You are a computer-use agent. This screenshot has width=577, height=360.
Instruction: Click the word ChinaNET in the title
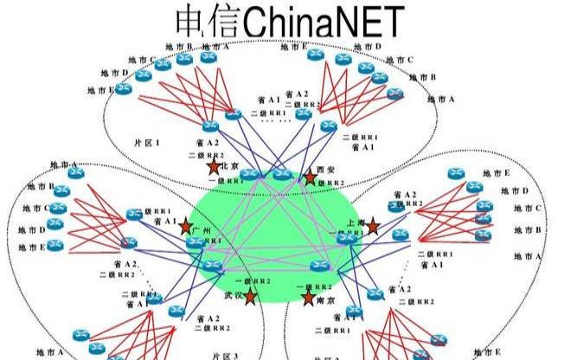pyautogui.click(x=324, y=22)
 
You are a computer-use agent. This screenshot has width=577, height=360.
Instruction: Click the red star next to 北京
pyautogui.click(x=213, y=166)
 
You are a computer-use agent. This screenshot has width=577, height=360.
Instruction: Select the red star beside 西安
pyautogui.click(x=310, y=177)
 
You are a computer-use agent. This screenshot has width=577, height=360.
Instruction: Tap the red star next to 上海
pyautogui.click(x=372, y=227)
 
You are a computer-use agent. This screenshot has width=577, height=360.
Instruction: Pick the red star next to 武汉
pyautogui.click(x=250, y=297)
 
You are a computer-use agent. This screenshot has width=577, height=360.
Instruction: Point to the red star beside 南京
pyautogui.click(x=308, y=298)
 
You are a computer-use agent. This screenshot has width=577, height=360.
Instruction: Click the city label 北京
pyautogui.click(x=230, y=166)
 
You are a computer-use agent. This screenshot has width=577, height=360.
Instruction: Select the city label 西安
pyautogui.click(x=327, y=170)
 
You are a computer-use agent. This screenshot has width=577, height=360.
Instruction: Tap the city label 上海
pyautogui.click(x=356, y=222)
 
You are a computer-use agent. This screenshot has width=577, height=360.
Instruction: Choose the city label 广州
pyautogui.click(x=202, y=231)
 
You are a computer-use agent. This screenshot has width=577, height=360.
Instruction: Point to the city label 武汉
pyautogui.click(x=234, y=295)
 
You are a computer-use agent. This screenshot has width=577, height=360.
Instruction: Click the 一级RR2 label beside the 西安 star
pyautogui.click(x=333, y=182)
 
